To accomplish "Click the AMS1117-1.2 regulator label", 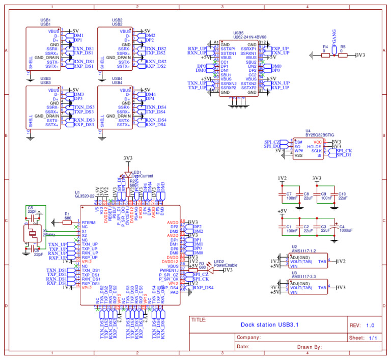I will [304, 251].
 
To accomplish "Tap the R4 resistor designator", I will [325, 47].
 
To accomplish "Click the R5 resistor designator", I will [343, 47].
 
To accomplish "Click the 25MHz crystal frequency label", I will [49, 234].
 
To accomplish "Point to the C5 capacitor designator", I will [30, 208].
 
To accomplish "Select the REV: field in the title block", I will [355, 325].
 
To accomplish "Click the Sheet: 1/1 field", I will [363, 338].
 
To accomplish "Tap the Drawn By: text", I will [310, 347].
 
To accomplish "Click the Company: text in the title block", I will [249, 338].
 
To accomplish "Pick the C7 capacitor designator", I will [289, 194].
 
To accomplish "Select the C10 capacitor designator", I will [342, 194].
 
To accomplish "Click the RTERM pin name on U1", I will [89, 223].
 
